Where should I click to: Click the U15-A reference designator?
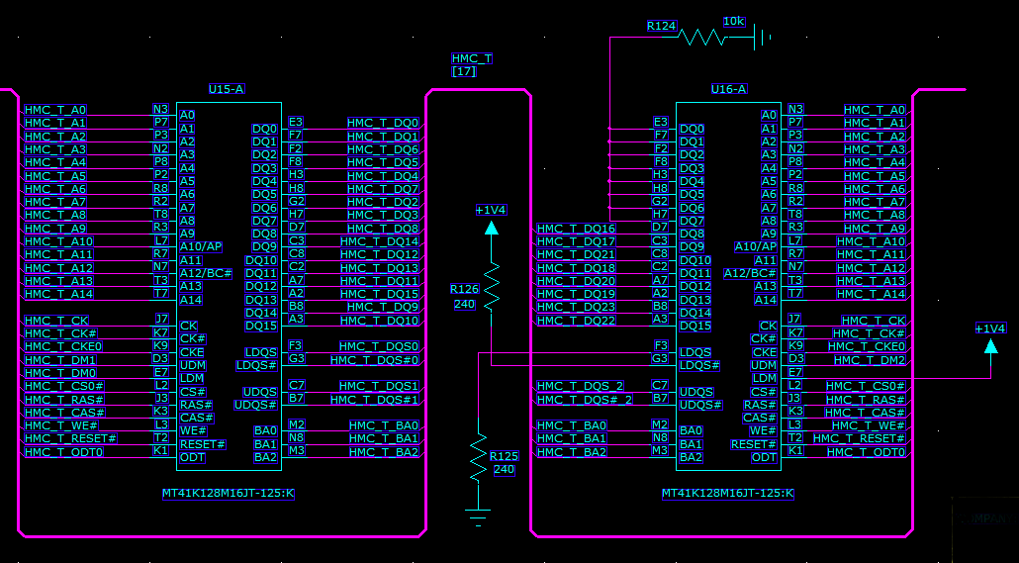[227, 89]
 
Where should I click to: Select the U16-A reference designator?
[729, 89]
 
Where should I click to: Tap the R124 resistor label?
[662, 26]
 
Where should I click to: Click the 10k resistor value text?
[733, 21]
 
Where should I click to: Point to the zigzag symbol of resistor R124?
[702, 38]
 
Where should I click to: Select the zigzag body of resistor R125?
[479, 454]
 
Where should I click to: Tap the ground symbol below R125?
[479, 515]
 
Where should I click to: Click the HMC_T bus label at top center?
[471, 59]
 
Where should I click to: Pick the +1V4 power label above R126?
[491, 210]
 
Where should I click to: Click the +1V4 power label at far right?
[990, 328]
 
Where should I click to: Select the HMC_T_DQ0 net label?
[383, 123]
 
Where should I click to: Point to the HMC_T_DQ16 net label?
[577, 229]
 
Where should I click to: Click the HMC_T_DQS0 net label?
[379, 346]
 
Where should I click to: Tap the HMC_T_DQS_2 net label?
[581, 386]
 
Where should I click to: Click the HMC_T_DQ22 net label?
[577, 321]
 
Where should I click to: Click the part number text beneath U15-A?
[229, 493]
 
